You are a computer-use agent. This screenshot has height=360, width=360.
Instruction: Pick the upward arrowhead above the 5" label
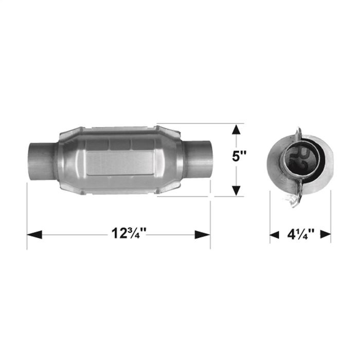(236, 129)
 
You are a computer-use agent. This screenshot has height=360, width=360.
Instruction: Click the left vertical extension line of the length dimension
(27, 216)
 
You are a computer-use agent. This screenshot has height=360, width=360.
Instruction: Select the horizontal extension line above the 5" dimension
(195, 123)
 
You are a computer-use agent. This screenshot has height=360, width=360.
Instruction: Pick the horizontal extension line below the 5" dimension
(195, 196)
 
